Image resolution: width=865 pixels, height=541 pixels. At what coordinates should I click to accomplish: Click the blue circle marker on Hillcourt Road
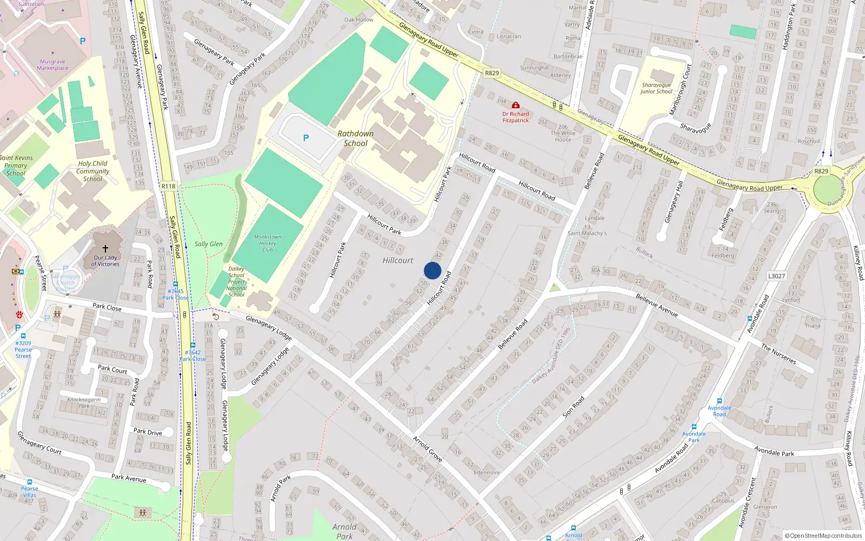point(432,270)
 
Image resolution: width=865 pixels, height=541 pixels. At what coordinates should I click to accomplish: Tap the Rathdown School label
point(355,138)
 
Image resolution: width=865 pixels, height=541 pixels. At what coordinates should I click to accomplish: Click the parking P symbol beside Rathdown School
point(306,138)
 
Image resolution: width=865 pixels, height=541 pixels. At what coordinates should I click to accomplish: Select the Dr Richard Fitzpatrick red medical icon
point(516,105)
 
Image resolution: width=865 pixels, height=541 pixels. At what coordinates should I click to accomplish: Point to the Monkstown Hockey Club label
point(268,243)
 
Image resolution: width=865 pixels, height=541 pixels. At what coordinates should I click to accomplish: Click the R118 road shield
point(168,186)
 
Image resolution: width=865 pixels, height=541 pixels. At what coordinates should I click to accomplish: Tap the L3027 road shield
point(776,276)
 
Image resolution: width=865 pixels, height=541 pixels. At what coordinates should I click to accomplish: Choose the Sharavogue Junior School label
point(656,88)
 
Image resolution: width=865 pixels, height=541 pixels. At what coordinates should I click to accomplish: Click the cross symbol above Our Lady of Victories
point(105,249)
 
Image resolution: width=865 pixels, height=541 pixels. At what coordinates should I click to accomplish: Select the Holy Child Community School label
point(92,171)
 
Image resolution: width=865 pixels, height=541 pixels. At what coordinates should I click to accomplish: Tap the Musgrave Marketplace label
point(52,65)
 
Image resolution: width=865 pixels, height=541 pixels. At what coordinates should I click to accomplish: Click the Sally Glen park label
point(209,244)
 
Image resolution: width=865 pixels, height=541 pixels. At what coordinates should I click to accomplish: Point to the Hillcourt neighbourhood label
point(398,260)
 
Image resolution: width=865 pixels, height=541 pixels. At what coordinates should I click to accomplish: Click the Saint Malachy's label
point(587,233)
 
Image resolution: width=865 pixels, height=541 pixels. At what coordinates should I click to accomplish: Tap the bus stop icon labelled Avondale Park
point(694,426)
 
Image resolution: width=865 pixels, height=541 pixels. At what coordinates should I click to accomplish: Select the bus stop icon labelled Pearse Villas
point(30,481)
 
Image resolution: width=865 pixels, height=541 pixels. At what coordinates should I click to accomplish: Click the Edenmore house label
point(487,472)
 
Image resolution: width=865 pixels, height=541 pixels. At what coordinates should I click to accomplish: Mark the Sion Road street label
point(574,407)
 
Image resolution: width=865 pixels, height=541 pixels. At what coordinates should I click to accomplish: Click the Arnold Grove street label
point(428,448)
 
